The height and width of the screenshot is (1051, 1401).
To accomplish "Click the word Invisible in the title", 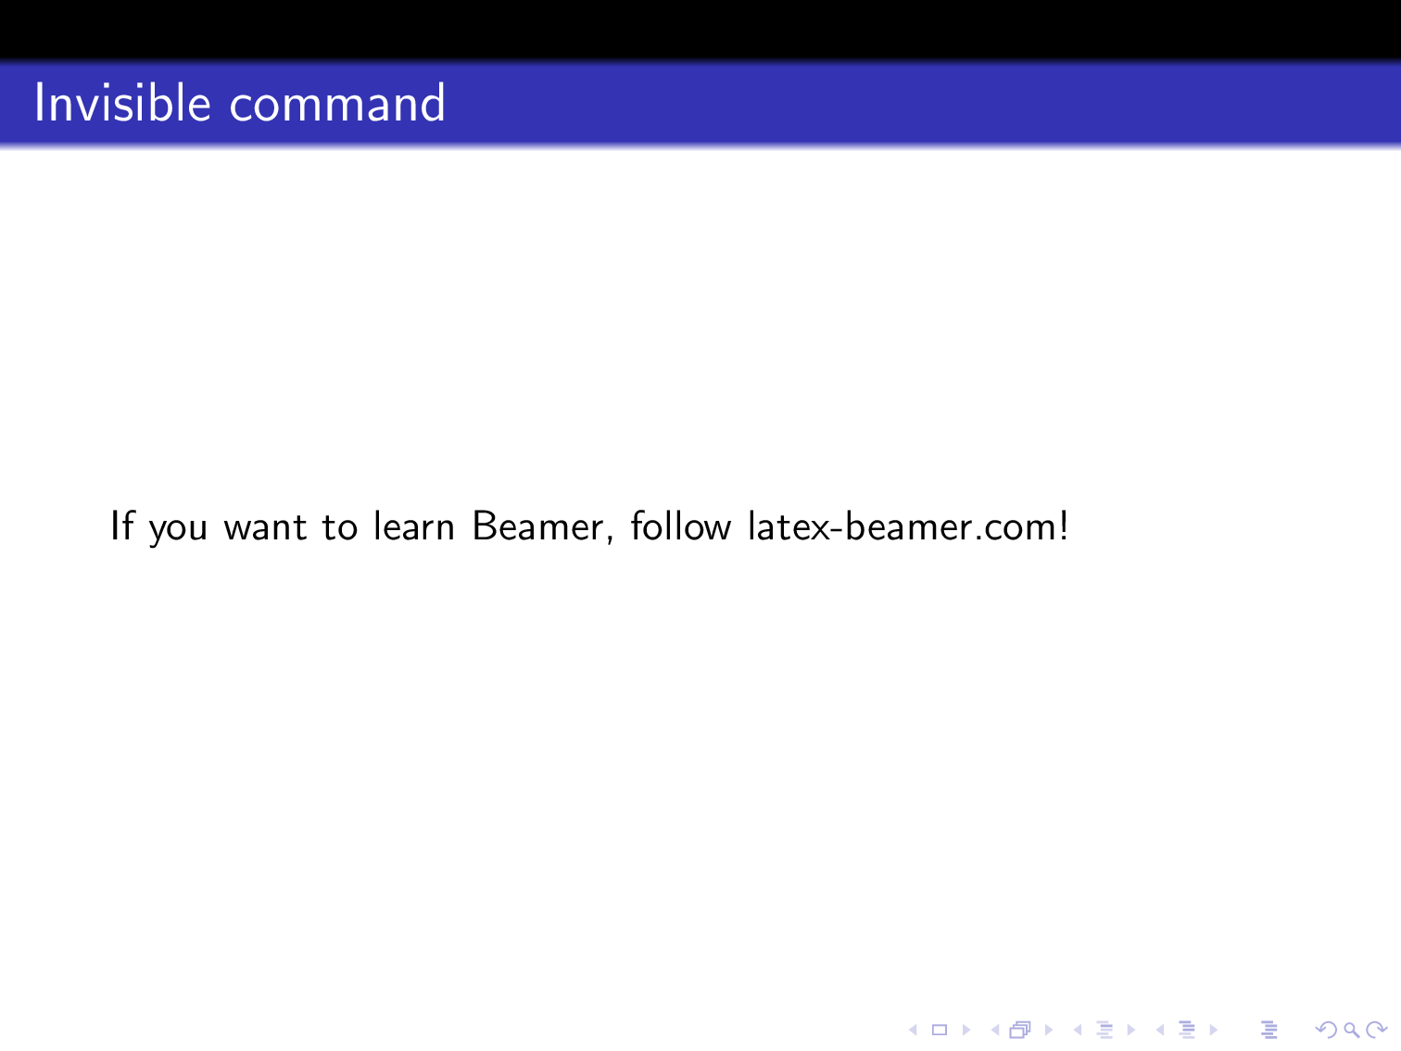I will tap(122, 103).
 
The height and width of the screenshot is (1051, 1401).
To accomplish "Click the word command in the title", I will tap(337, 105).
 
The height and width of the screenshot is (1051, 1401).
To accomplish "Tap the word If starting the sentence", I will tap(121, 526).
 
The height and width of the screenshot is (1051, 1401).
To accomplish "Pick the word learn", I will tap(414, 526).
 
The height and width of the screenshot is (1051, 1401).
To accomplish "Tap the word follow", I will tap(681, 526).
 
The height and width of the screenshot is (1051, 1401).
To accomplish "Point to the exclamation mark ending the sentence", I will tap(1064, 526).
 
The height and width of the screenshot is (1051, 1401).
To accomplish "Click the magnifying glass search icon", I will tap(1351, 1030).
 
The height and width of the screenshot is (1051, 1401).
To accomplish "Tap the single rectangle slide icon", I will tap(940, 1030).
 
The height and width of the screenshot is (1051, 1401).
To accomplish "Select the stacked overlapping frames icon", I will tap(1020, 1030).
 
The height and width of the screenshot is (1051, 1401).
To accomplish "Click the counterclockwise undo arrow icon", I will tap(1326, 1030).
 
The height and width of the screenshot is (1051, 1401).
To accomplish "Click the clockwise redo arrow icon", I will tap(1378, 1030).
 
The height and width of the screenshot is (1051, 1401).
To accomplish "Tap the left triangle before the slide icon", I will tap(913, 1030).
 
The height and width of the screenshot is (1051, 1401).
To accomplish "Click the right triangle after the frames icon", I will tap(1049, 1030).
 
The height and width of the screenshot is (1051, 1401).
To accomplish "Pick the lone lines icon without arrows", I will tap(1270, 1030).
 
